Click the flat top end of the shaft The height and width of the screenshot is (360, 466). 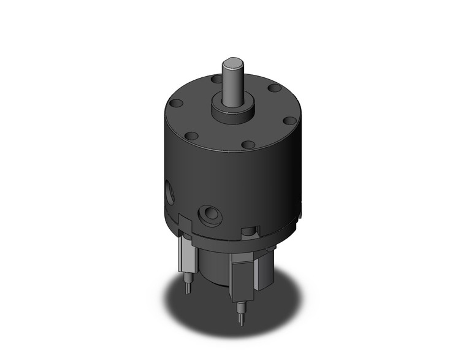233,62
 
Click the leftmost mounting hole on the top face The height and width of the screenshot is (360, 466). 174,104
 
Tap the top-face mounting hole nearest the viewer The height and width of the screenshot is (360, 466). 248,145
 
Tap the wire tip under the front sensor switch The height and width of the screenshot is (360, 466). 241,311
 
